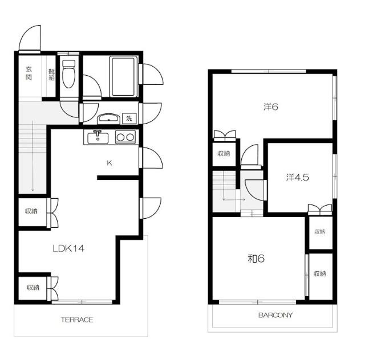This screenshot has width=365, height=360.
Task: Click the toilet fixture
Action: pos(69,73)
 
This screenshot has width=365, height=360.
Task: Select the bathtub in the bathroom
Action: pos(123,76)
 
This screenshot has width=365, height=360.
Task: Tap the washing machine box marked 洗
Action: pos(129,118)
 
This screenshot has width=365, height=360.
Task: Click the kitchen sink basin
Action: pos(98,138)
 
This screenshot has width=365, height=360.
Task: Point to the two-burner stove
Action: pos(125,137)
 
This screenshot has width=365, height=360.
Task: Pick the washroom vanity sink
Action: pos(108,118)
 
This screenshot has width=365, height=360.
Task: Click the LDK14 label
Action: pos(68,248)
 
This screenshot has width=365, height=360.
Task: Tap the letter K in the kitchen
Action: pos(109,163)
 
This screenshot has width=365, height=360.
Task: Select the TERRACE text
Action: pos(77,320)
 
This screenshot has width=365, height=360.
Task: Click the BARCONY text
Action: pos(275,315)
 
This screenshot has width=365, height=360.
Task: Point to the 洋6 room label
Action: pos(271,107)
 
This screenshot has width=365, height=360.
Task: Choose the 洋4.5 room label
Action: pos(298,178)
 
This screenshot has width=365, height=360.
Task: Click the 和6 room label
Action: pos(256,259)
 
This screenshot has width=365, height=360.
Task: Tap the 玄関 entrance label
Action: pos(29,73)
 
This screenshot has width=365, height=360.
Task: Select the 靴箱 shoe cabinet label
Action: pos(51,75)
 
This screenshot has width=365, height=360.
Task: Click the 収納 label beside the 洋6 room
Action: pos(224,153)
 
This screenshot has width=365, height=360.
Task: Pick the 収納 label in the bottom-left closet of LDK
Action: pos(33,288)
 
